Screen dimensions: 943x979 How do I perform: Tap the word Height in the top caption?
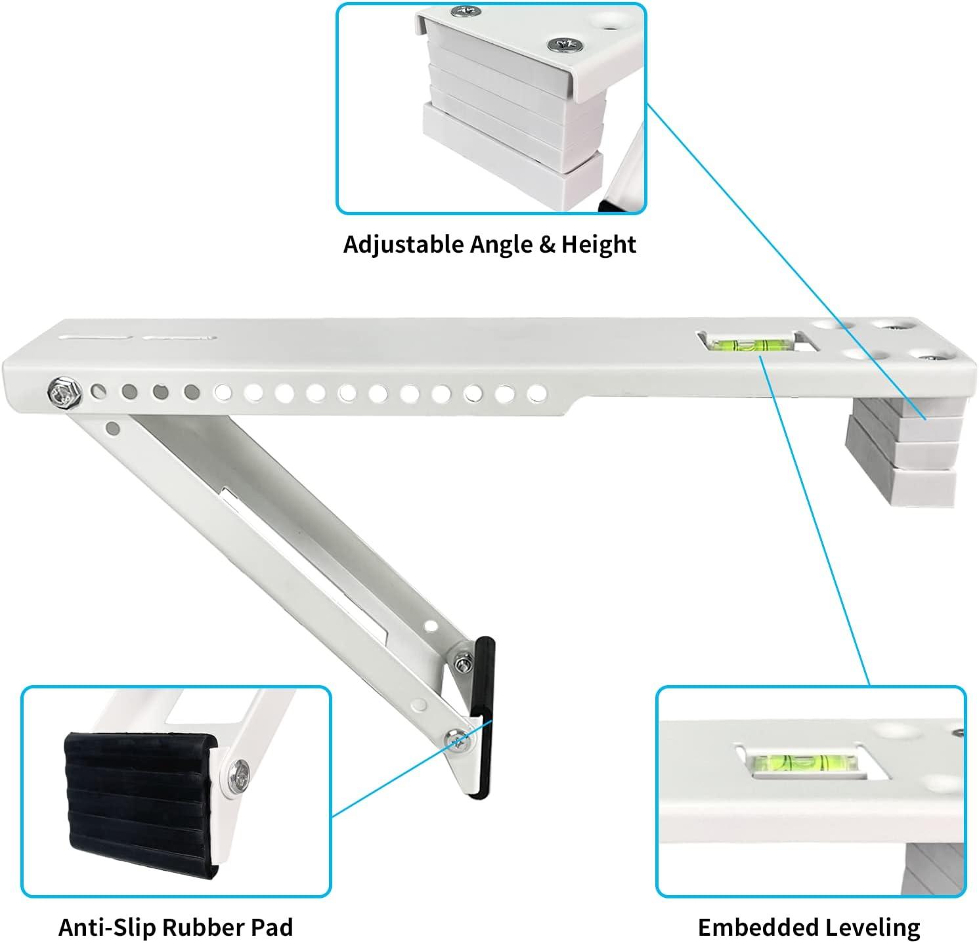click(x=598, y=244)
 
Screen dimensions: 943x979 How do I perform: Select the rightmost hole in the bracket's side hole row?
click(x=537, y=393)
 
